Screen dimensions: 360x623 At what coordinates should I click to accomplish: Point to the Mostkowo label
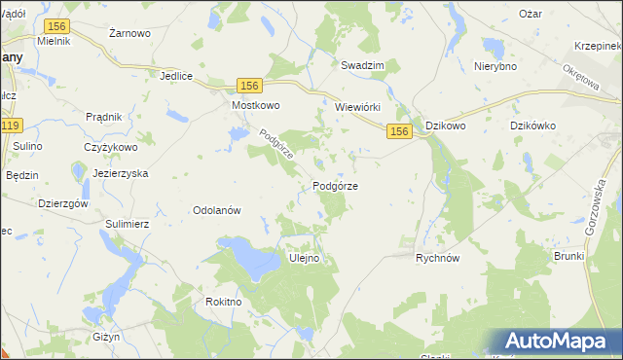255,105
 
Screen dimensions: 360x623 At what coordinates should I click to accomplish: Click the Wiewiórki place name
362,107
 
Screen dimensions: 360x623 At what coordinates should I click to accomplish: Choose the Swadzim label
362,65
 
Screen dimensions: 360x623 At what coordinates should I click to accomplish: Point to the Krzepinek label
598,46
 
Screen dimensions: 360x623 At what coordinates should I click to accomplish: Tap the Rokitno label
223,302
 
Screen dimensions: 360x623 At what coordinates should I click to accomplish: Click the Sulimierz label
127,223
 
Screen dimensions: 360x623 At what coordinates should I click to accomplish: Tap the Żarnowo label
129,33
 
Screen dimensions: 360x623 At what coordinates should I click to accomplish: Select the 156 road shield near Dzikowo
398,130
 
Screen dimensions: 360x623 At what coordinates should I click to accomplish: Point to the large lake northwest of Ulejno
248,259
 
